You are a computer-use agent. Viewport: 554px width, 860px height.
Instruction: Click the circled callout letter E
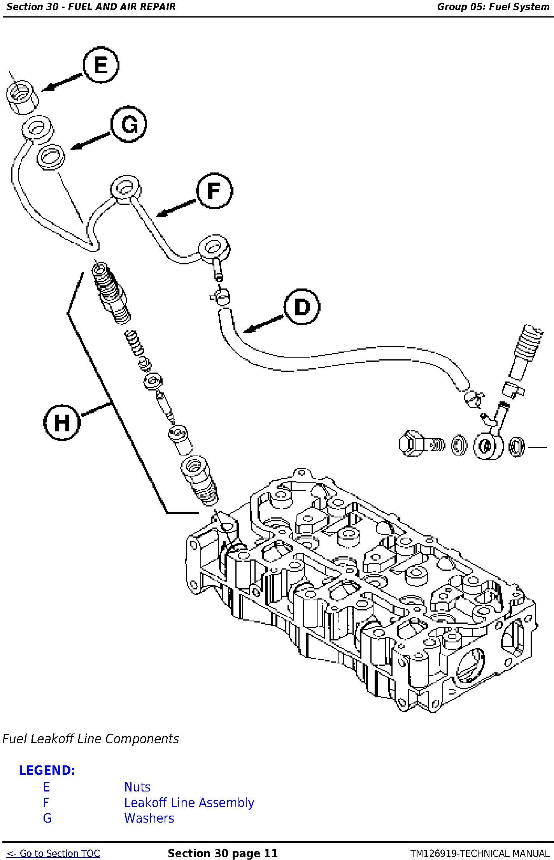click(x=101, y=65)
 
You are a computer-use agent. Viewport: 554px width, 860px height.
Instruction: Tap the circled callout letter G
click(x=129, y=125)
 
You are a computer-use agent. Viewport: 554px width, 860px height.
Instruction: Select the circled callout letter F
click(x=214, y=191)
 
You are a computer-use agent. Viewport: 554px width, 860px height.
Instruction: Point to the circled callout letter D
click(x=302, y=307)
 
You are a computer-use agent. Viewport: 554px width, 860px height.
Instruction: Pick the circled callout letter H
click(x=61, y=422)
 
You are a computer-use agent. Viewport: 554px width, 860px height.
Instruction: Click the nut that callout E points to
click(x=22, y=97)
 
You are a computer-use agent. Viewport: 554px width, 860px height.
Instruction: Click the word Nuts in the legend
click(x=137, y=787)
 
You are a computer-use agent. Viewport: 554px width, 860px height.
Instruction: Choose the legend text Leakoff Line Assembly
click(x=189, y=803)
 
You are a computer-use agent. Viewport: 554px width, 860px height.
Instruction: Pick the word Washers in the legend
click(x=149, y=818)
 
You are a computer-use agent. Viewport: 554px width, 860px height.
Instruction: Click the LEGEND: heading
click(x=47, y=770)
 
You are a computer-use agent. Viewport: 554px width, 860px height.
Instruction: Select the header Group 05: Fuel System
click(x=493, y=7)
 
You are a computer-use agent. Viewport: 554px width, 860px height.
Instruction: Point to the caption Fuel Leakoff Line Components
click(x=91, y=739)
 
